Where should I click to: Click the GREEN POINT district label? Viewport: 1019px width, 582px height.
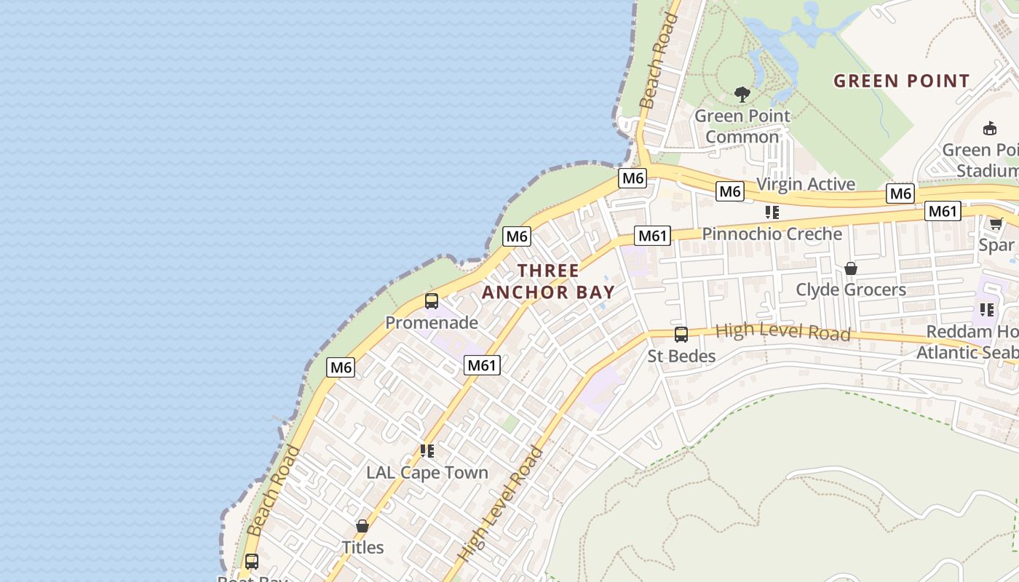[901, 81]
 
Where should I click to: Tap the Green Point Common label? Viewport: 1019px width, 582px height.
[742, 126]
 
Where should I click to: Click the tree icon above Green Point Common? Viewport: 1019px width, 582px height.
[742, 94]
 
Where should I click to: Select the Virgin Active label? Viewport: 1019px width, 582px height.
[806, 184]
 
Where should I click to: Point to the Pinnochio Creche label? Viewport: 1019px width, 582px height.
[772, 234]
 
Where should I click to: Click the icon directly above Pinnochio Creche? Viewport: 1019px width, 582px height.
[772, 212]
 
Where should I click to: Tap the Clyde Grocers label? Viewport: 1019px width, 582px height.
[850, 290]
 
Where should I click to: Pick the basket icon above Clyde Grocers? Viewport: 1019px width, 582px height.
[850, 269]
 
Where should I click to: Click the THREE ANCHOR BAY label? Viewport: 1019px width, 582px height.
[548, 282]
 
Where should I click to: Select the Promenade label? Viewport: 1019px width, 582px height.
[432, 322]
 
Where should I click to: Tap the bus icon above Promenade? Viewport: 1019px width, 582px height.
[432, 300]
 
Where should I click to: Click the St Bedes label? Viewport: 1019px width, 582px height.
[681, 356]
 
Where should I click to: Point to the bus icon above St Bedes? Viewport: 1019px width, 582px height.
[681, 335]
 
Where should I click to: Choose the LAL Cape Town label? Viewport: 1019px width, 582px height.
[427, 472]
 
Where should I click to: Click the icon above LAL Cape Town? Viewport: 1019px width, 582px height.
[427, 451]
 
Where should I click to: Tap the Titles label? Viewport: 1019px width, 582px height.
[362, 547]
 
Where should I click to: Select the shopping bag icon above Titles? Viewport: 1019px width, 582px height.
[362, 526]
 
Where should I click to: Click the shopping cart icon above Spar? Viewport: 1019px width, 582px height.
[996, 223]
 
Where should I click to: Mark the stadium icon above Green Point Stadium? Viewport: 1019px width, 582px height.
[989, 129]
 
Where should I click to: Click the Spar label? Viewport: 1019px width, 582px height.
[996, 244]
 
